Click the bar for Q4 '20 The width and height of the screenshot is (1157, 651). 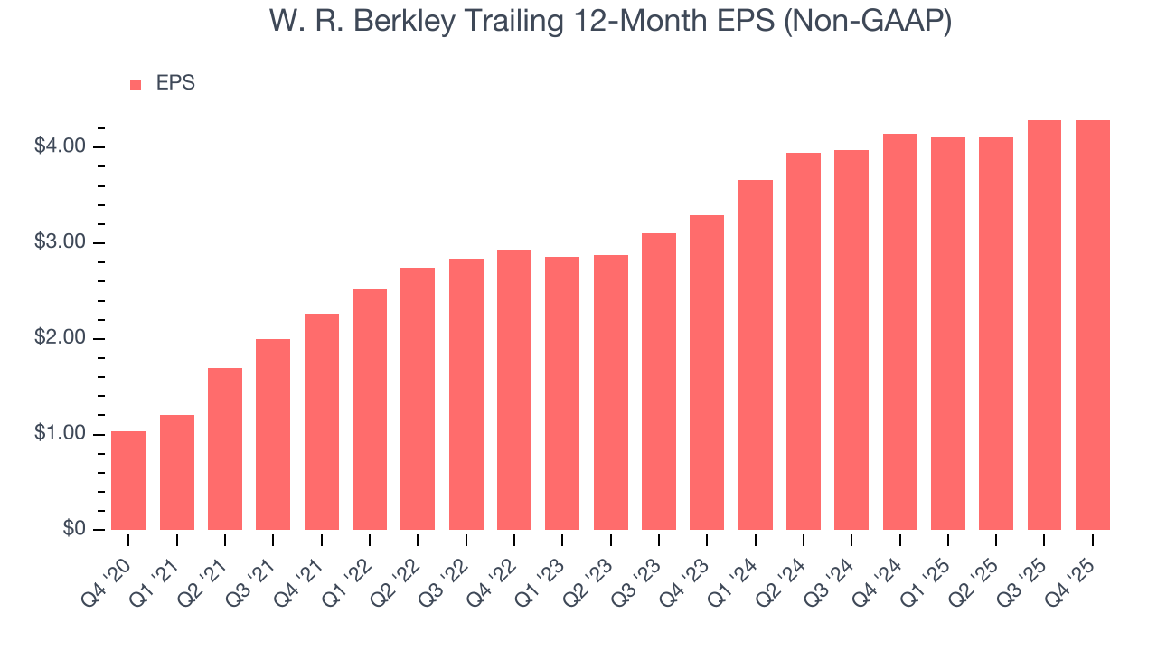128,480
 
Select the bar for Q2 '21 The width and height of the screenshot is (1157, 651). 225,448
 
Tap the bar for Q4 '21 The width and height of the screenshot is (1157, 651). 322,421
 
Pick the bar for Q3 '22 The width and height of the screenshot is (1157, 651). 466,394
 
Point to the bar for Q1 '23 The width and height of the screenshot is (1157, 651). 562,393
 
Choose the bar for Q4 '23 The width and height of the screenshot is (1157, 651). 707,373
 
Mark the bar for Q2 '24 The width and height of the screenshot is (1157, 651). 804,341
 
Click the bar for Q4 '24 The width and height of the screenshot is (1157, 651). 899,332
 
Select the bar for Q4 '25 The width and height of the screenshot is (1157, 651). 1093,325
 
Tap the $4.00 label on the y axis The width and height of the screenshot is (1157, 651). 60,146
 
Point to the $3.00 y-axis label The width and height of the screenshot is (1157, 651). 60,242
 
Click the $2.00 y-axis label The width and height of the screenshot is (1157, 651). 60,338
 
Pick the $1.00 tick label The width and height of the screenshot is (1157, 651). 60,434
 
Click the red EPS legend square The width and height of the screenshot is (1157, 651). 136,84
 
